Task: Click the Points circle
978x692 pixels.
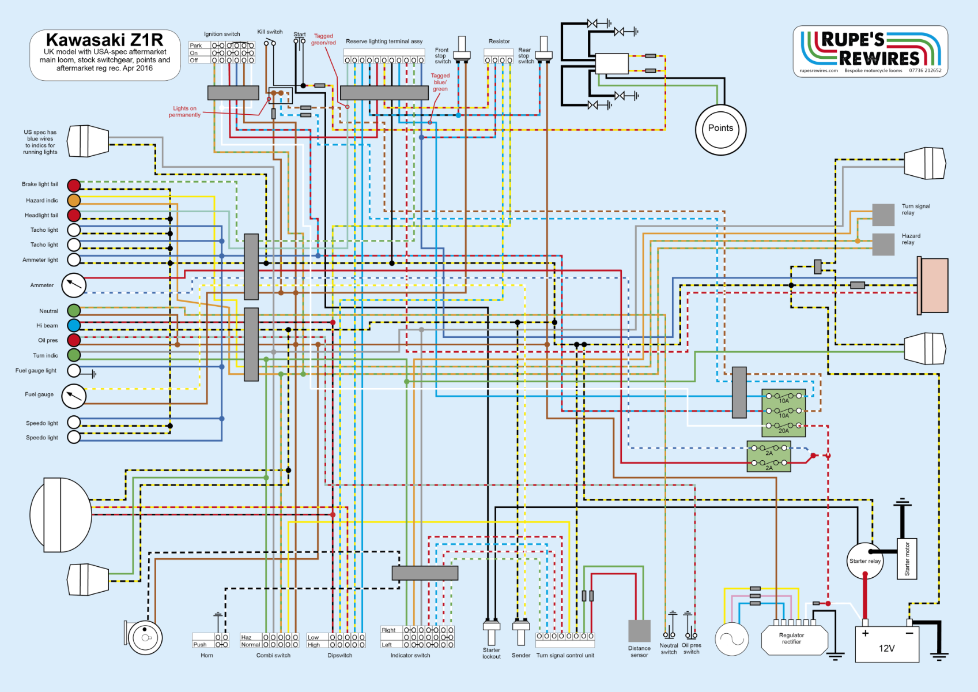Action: (720, 130)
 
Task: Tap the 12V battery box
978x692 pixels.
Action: (887, 644)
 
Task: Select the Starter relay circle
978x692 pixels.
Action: (864, 561)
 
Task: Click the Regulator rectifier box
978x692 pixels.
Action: (794, 639)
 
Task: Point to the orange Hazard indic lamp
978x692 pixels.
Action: (74, 200)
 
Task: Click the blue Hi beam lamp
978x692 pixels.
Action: (74, 325)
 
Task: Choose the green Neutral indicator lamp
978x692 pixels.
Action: (74, 311)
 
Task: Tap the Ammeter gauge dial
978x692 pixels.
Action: (74, 284)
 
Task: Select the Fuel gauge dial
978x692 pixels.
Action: (74, 396)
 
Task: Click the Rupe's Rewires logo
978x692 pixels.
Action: (870, 51)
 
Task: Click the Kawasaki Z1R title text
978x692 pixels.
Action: (104, 40)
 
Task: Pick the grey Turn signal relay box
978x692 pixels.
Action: (883, 215)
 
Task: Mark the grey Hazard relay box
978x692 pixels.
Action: (883, 245)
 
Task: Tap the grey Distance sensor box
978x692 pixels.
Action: (639, 631)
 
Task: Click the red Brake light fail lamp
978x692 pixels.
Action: (74, 185)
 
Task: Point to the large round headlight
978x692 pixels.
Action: (61, 515)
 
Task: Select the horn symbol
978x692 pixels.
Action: (144, 637)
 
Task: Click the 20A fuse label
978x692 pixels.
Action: (784, 431)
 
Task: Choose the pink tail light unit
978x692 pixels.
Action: (934, 286)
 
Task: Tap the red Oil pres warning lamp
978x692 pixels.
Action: (74, 340)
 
